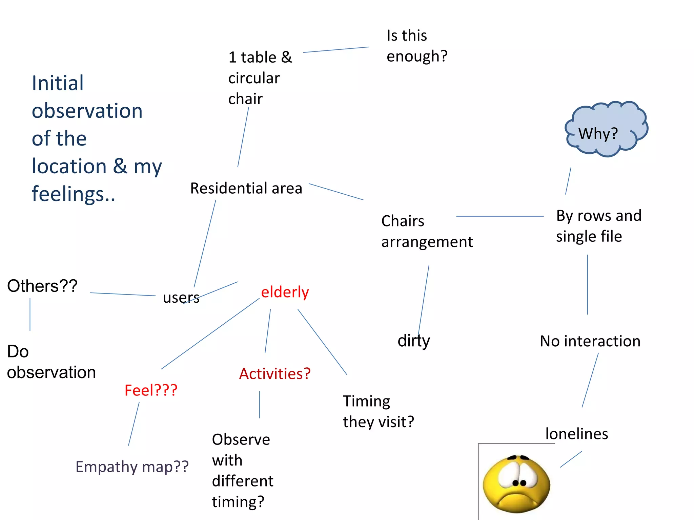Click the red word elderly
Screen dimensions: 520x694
point(285,292)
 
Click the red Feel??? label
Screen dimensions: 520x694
point(151,390)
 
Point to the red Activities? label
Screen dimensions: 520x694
point(275,374)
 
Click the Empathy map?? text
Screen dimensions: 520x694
point(132,467)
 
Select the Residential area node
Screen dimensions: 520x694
point(246,188)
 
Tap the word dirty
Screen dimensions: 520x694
point(414,341)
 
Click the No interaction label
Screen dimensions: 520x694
point(590,341)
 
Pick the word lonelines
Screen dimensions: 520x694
point(576,434)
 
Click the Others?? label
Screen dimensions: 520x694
point(42,286)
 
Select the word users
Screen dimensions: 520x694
point(181,298)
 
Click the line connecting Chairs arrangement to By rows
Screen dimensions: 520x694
point(500,216)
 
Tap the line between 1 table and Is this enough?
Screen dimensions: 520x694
point(335,50)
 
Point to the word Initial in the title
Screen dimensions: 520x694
point(58,83)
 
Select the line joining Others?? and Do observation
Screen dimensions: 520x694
point(30,315)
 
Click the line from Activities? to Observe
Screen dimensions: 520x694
point(260,405)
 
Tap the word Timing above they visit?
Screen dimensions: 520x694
point(366,402)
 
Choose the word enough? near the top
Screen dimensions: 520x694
point(417,56)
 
